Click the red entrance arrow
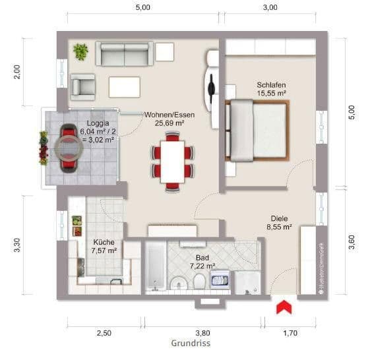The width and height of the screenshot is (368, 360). (x=284, y=307)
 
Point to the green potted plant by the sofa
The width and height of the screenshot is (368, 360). (x=81, y=51)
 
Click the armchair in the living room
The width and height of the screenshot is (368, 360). (x=84, y=85)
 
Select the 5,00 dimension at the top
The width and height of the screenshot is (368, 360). (x=142, y=8)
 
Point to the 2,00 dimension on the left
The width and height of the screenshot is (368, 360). (x=18, y=71)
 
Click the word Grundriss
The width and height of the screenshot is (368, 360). (x=191, y=344)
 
